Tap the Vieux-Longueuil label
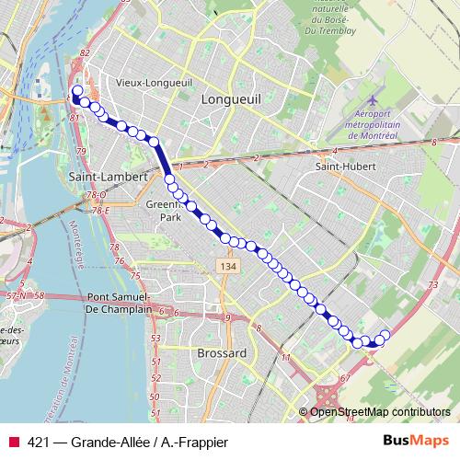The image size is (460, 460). (154, 82)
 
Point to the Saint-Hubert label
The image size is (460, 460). (341, 167)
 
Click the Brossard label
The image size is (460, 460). (222, 352)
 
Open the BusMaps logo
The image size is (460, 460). (416, 441)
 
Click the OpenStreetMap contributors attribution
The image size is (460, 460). (379, 411)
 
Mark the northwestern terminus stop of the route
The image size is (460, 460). (76, 90)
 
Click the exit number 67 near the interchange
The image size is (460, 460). (345, 377)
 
